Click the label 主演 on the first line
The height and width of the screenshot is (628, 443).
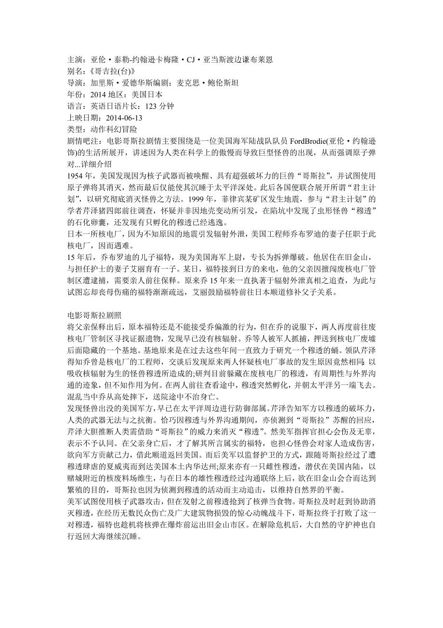pyautogui.click(x=75, y=60)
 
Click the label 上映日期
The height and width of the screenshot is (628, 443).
pyautogui.click(x=82, y=118)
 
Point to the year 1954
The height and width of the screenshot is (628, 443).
pyautogui.click(x=76, y=176)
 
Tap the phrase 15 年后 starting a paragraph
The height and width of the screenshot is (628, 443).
pyautogui.click(x=80, y=257)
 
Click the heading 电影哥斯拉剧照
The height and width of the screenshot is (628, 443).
pyautogui.click(x=94, y=314)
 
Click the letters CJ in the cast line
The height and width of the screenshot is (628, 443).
pyautogui.click(x=192, y=60)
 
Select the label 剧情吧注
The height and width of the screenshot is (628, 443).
pyautogui.click(x=82, y=141)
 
